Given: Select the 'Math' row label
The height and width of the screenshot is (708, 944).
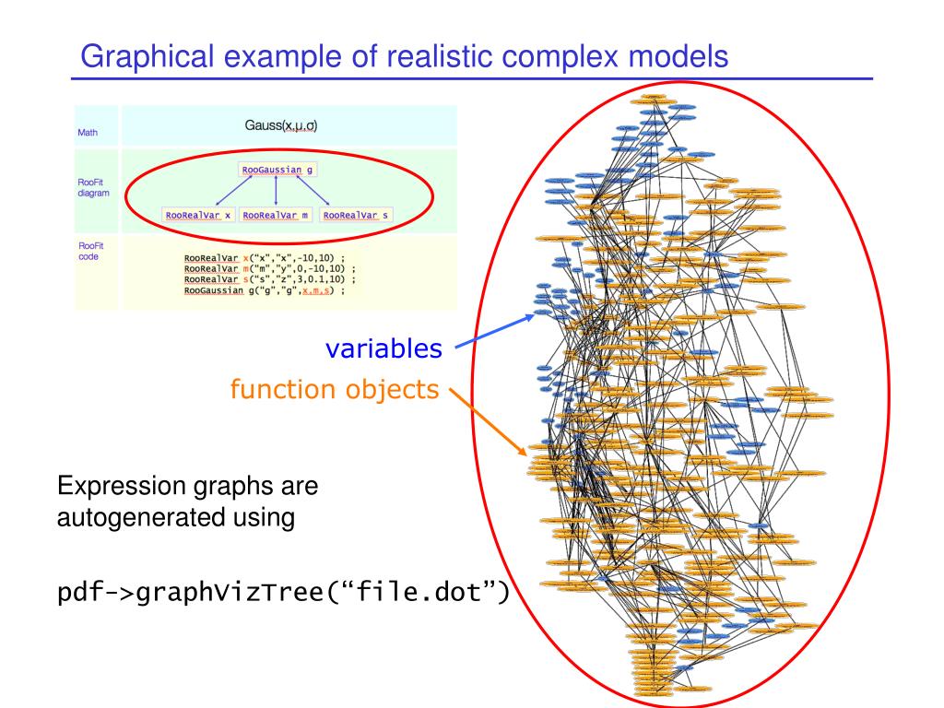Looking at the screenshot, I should [x=88, y=132].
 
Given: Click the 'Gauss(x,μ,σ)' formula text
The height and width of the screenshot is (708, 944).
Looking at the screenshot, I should [x=281, y=124].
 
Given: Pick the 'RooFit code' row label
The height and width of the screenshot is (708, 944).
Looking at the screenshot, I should [x=90, y=251].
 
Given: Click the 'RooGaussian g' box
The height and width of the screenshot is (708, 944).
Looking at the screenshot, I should [x=277, y=170].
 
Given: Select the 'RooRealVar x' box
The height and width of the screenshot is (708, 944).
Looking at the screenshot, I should [x=197, y=215].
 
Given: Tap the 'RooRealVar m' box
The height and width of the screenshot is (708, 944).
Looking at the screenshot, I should [x=277, y=215].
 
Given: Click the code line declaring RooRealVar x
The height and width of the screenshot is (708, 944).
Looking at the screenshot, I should [x=264, y=258].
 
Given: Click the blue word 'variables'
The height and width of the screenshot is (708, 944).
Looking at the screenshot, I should [x=383, y=349].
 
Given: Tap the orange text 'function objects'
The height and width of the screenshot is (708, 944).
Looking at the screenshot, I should [x=334, y=390].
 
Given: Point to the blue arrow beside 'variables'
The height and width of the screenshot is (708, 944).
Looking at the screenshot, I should [x=493, y=331].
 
